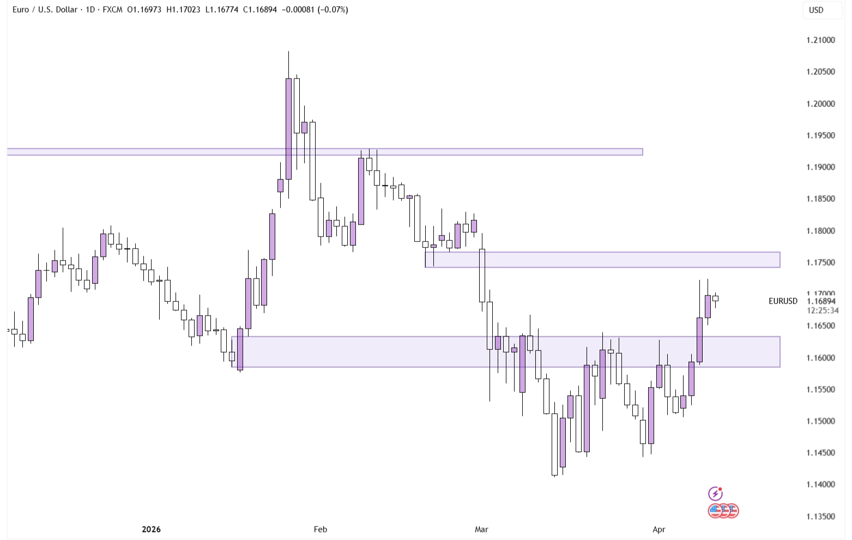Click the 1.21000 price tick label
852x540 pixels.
click(820, 40)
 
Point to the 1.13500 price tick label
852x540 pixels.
click(820, 517)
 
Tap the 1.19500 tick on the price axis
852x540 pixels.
click(820, 135)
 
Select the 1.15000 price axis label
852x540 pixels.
click(820, 421)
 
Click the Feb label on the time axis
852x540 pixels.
click(321, 529)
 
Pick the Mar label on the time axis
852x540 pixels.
click(481, 529)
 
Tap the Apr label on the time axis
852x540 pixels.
click(659, 529)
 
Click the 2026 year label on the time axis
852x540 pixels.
click(151, 529)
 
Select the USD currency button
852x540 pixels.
click(816, 10)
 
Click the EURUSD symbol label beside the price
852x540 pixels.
click(783, 301)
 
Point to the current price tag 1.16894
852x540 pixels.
click(821, 301)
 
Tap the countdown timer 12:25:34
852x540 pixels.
click(823, 311)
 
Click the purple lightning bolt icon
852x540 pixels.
click(715, 494)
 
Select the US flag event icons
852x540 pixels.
click(723, 511)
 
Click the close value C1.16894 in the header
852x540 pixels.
click(260, 10)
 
